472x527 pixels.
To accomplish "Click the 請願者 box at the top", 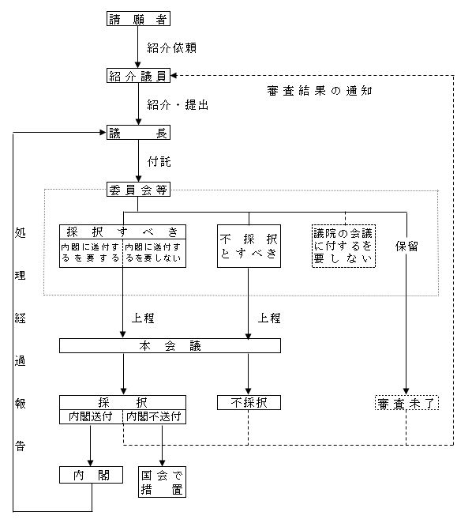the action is [x=138, y=19].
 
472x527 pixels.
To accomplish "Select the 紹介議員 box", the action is [x=138, y=76].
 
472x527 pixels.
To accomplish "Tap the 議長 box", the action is [x=138, y=133].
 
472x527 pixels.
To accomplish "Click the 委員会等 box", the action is [x=138, y=190].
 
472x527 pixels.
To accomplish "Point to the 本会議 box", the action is [x=170, y=345].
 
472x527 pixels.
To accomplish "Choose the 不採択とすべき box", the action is [x=249, y=246].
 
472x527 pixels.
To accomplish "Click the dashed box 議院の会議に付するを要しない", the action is [x=343, y=246].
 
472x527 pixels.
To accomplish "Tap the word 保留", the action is [x=406, y=247].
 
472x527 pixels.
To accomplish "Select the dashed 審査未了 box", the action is [x=406, y=403].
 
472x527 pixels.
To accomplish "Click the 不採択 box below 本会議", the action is [x=249, y=403].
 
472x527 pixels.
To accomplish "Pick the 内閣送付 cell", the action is [x=92, y=416].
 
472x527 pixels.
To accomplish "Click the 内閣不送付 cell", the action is [x=155, y=416].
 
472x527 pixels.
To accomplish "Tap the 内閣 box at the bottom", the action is [x=91, y=475].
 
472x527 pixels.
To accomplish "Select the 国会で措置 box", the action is [x=162, y=482].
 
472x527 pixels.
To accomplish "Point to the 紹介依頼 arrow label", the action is [x=171, y=47].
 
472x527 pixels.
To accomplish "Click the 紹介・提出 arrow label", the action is [x=178, y=105].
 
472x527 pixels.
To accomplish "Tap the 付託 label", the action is [x=159, y=162].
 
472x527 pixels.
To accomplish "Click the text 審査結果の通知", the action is [x=320, y=91].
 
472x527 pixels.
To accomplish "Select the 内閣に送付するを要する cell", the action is [x=91, y=253].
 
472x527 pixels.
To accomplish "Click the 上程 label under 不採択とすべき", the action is [x=269, y=318].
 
